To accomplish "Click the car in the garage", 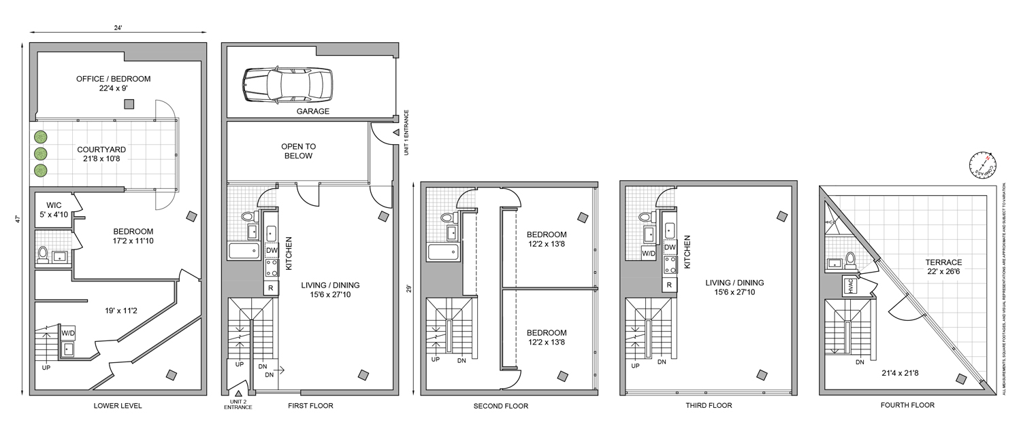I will click(287, 85).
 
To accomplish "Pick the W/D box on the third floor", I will click(649, 253).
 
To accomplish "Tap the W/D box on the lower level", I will click(68, 334).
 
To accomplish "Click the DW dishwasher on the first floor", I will click(270, 249).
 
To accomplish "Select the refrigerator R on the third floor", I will click(669, 285).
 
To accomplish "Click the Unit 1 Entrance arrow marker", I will click(395, 133).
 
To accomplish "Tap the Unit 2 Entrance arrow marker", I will click(238, 393).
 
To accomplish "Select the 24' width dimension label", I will click(118, 28).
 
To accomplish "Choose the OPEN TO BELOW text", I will click(298, 151).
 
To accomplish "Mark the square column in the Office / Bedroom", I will click(129, 103).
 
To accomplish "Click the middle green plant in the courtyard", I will click(42, 153).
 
